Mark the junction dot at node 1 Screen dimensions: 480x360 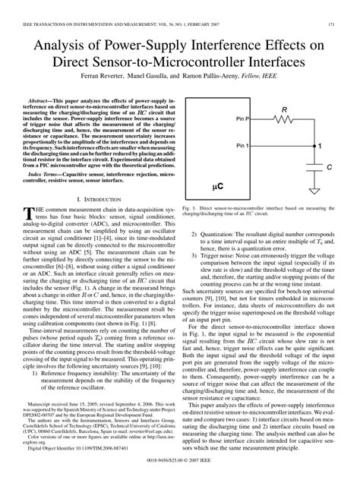pyautogui.click(x=306, y=145)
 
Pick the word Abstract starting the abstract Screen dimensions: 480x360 pyautogui.click(x=43, y=99)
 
